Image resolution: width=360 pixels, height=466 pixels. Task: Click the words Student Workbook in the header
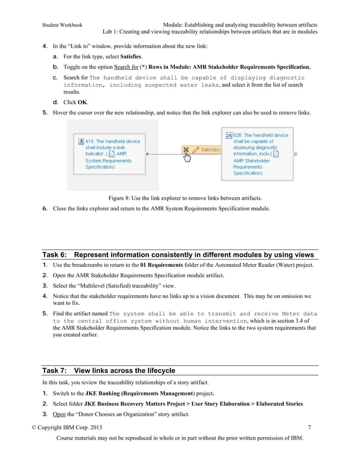coord(62,25)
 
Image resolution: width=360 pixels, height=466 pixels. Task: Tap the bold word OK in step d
coord(82,102)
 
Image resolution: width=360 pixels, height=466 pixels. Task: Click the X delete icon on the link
coord(186,150)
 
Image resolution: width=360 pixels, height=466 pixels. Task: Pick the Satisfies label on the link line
coord(210,150)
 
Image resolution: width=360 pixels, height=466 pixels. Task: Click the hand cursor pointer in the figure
coord(187,156)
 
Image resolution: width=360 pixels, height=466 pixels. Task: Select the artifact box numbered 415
coord(108,154)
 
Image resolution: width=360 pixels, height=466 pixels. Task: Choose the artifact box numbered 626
coord(257,153)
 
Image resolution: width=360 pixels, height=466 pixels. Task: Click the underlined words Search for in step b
coord(126,67)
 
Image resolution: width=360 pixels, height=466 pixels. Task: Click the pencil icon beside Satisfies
coord(196,150)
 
